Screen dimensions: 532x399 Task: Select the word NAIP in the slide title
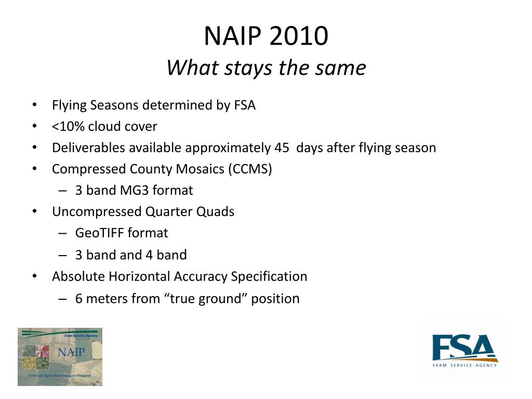coord(233,36)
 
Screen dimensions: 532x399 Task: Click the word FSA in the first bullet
coord(245,105)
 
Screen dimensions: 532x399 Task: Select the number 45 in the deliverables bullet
coord(282,148)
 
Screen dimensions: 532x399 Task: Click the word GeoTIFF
coord(99,233)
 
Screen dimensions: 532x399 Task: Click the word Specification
coord(269,277)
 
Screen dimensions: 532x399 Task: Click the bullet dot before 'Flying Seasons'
coord(35,105)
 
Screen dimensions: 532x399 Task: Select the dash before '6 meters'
coord(62,299)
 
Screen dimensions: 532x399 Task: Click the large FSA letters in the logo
coord(463,347)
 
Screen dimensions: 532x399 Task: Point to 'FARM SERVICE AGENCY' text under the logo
coord(464,365)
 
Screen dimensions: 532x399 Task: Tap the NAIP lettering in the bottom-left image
coord(71,352)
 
